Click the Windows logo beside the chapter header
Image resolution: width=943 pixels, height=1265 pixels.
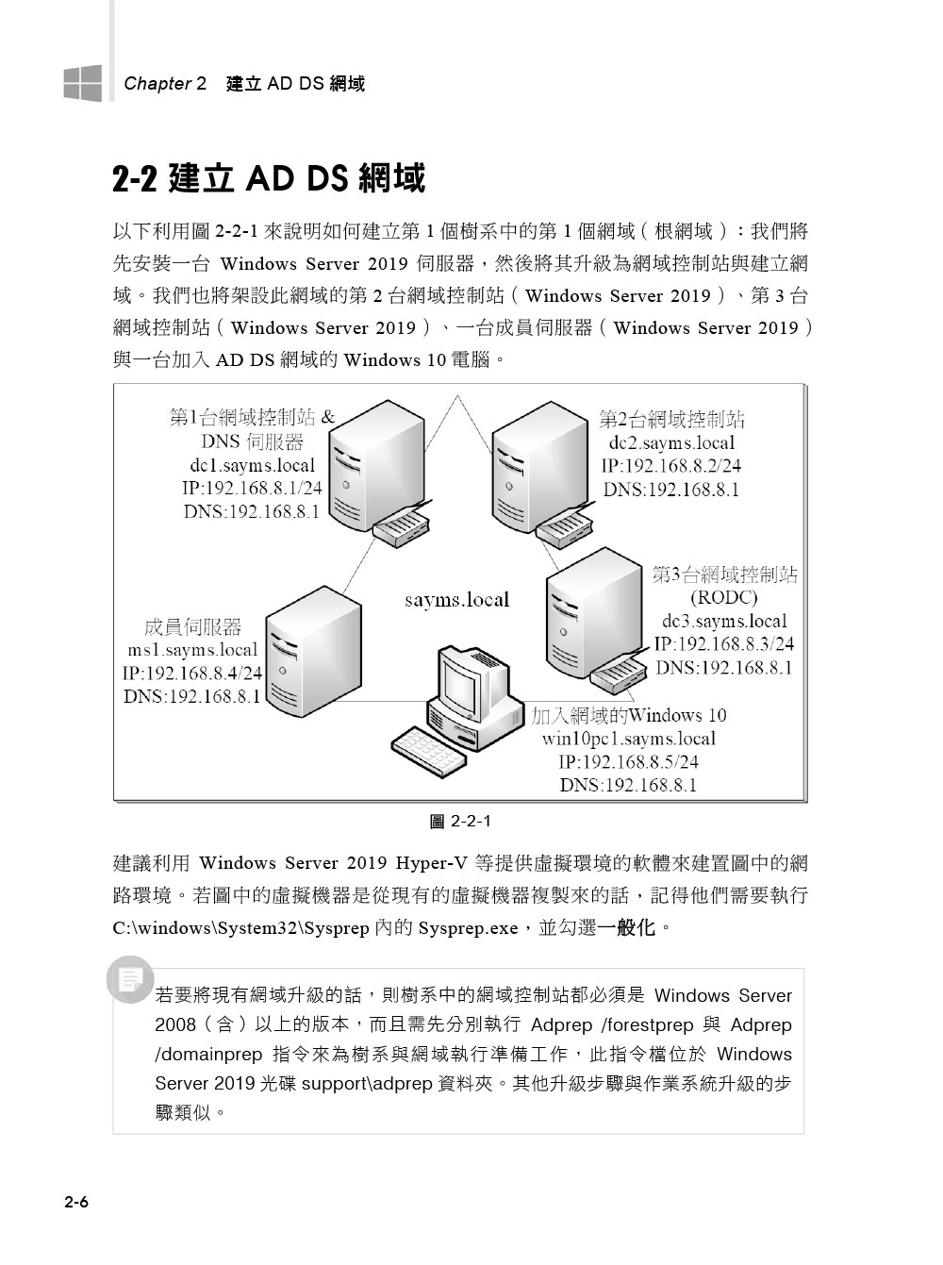click(x=83, y=83)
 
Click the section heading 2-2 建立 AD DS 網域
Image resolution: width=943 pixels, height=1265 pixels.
click(x=269, y=178)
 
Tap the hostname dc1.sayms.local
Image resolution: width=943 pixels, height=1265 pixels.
click(x=253, y=465)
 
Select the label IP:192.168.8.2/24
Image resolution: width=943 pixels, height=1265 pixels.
click(x=671, y=466)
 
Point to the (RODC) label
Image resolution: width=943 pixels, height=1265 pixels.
click(x=724, y=597)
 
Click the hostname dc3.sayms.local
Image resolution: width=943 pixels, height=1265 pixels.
click(x=724, y=621)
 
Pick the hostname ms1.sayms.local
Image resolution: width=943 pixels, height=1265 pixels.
click(x=192, y=650)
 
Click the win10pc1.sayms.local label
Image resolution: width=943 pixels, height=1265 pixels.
click(x=628, y=739)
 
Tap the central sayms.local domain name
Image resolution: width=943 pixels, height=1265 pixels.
click(x=456, y=600)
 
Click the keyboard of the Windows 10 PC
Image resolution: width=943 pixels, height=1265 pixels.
click(x=429, y=751)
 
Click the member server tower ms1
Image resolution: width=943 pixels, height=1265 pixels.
click(x=313, y=651)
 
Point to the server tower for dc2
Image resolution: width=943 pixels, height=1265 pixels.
click(x=540, y=466)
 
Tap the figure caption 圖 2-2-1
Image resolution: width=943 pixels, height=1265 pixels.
click(x=460, y=821)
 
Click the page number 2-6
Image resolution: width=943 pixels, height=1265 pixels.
click(x=76, y=1202)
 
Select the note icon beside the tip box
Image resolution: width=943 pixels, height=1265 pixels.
click(x=130, y=979)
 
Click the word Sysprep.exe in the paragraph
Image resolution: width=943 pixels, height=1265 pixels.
click(x=468, y=928)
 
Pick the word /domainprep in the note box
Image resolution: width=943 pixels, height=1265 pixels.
click(x=208, y=1055)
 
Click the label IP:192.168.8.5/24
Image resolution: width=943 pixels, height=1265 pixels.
click(x=628, y=762)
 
